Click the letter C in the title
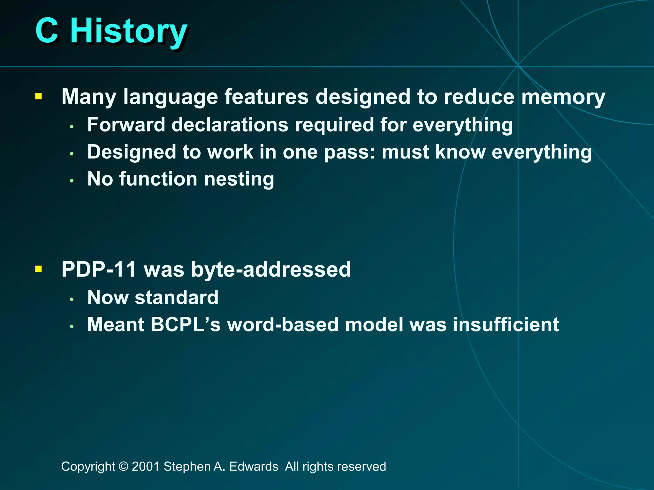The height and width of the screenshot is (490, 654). point(47,31)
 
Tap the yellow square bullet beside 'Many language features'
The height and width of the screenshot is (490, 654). point(39,96)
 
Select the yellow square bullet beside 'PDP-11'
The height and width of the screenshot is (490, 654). point(39,269)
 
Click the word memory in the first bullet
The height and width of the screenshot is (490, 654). point(563,97)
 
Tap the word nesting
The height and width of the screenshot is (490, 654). point(239,179)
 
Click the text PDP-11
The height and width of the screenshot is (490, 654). point(99,269)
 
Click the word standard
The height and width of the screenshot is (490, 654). point(176,297)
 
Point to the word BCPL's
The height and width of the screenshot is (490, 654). point(185,324)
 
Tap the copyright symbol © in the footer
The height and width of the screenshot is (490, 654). point(123,466)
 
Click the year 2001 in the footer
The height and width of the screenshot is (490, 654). point(146,466)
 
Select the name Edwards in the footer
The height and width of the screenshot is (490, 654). point(254,466)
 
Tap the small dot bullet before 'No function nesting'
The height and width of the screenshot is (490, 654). point(72,181)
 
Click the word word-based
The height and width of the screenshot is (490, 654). point(283,324)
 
